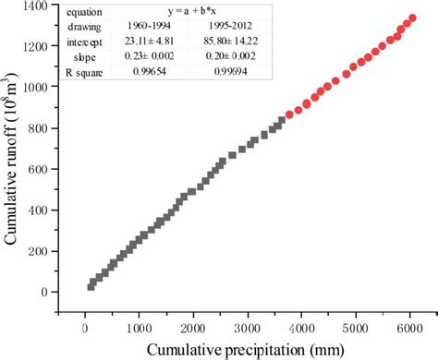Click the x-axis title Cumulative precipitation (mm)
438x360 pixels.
[244, 348]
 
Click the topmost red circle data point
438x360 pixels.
[411, 18]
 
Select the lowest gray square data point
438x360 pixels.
[91, 286]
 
